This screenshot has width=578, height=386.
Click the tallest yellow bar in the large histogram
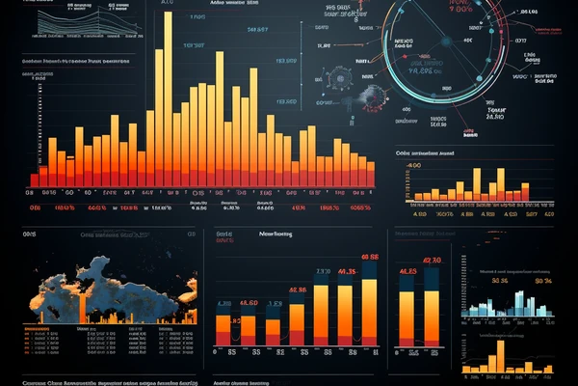point(168,96)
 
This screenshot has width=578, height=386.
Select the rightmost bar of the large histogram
point(371,173)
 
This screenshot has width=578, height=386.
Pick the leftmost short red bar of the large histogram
point(34,179)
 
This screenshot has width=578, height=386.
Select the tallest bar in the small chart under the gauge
point(501,184)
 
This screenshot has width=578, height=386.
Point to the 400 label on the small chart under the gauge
point(415,166)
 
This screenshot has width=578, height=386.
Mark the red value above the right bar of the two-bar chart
point(433,260)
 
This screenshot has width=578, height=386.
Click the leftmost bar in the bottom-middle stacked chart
point(223,329)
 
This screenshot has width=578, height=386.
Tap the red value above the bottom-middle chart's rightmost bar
point(370,257)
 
